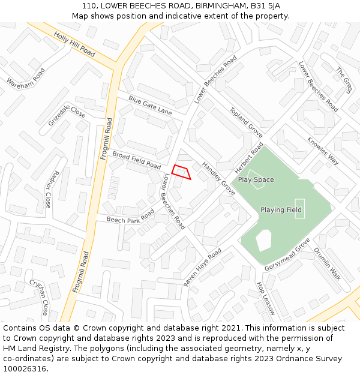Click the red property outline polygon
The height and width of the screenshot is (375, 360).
(x=181, y=172)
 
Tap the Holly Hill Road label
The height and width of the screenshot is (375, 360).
(x=74, y=44)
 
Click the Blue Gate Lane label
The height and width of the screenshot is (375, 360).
(x=149, y=106)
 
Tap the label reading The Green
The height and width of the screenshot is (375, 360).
(x=344, y=80)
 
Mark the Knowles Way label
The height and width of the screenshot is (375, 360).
(x=323, y=151)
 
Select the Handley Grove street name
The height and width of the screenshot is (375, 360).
(x=218, y=178)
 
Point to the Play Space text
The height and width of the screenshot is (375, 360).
(x=256, y=179)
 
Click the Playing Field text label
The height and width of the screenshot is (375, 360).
(x=281, y=209)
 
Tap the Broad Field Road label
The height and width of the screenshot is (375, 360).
(x=137, y=160)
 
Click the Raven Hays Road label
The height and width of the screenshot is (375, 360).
(x=202, y=266)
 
